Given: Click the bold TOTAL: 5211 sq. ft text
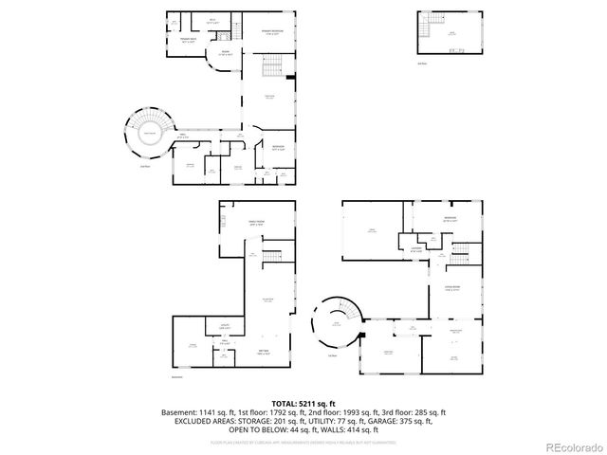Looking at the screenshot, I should click(303, 403).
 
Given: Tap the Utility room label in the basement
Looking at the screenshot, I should click(225, 326).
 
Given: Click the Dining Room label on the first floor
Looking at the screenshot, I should click(452, 290).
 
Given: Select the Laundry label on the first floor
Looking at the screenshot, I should click(415, 248).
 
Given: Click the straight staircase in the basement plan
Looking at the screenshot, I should click(272, 256).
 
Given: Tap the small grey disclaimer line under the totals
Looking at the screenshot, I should click(303, 441).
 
